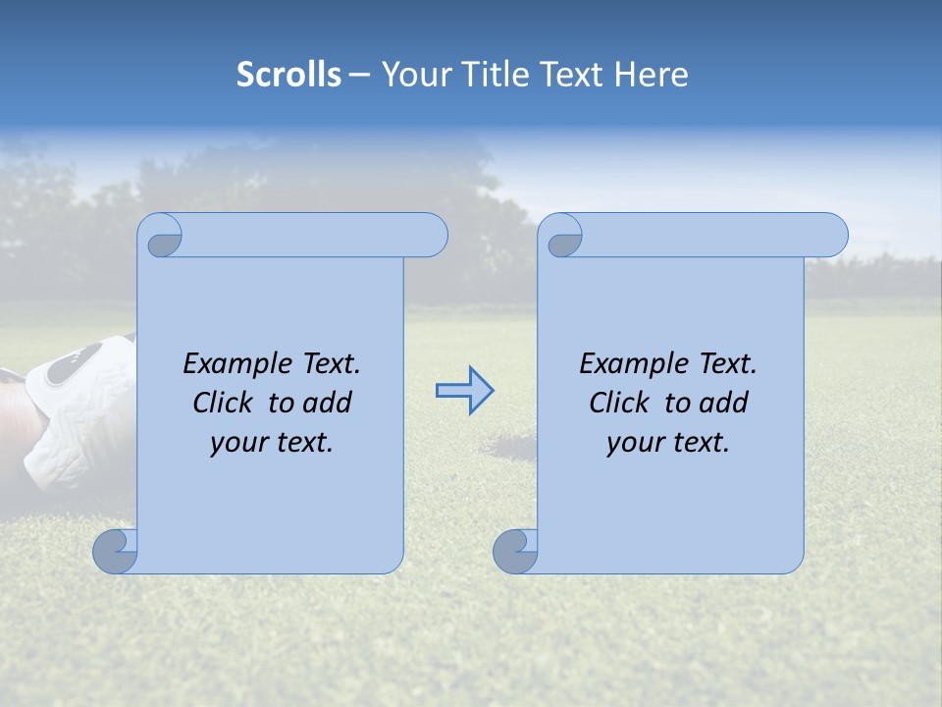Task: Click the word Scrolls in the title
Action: coord(288,75)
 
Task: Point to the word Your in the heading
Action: coord(413,75)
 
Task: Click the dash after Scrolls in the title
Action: coord(359,75)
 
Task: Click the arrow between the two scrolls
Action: coord(464,391)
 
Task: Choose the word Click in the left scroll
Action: coord(224,403)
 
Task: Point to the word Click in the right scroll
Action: coord(619,403)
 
